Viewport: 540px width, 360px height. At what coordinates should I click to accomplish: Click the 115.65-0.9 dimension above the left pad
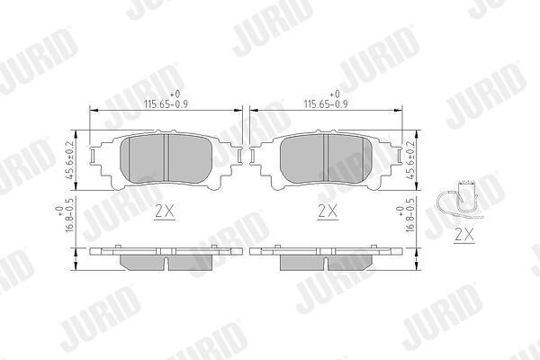click(166, 104)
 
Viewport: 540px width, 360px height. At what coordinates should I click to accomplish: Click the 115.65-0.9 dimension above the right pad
click(326, 104)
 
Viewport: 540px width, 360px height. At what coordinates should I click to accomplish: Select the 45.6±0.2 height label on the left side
click(69, 160)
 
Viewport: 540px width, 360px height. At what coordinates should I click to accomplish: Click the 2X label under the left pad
click(165, 211)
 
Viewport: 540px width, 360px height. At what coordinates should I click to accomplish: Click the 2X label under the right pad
click(328, 211)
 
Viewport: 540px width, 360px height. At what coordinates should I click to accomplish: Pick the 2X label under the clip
click(464, 235)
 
